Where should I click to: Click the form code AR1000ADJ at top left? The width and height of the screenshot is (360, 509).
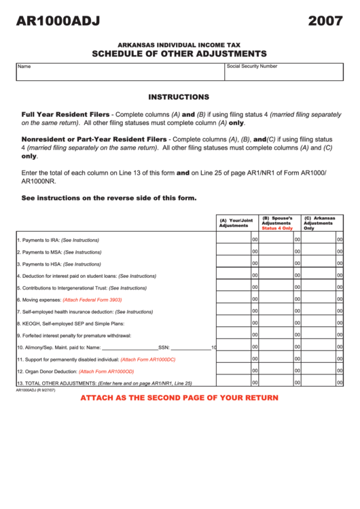click(x=58, y=22)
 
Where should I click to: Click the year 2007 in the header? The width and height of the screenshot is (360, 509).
click(x=325, y=22)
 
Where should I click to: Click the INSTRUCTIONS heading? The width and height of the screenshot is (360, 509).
click(x=179, y=97)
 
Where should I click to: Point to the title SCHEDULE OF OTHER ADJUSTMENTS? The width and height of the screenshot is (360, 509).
click(x=179, y=54)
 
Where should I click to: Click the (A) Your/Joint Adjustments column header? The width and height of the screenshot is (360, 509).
click(x=236, y=223)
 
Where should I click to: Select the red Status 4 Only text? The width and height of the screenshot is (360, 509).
click(x=277, y=228)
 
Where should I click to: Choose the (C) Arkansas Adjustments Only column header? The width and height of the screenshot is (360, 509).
click(x=319, y=223)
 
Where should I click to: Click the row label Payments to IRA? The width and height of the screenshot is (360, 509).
click(x=58, y=240)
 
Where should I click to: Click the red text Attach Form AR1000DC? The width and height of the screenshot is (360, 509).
click(x=147, y=359)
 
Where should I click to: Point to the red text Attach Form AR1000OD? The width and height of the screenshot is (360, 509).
click(x=107, y=372)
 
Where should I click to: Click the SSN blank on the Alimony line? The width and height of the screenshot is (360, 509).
click(x=190, y=347)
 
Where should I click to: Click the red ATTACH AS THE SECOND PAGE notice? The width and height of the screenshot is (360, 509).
click(x=179, y=398)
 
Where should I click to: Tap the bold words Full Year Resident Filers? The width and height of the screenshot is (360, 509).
click(x=65, y=114)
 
